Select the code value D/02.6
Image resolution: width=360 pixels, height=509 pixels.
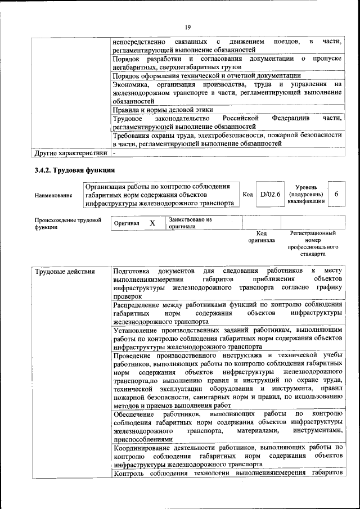coord(271,195)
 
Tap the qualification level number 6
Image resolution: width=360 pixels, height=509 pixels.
coord(336,194)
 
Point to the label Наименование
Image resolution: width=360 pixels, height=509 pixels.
coord(53,195)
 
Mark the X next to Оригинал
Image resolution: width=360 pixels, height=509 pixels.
coord(152,223)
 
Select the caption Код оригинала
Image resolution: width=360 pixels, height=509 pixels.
coord(262,236)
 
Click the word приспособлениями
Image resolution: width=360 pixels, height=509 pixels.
coord(143,439)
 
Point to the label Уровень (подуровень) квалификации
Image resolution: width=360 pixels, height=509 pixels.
coord(305,194)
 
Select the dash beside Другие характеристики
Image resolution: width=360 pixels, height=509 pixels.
coord(114,152)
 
